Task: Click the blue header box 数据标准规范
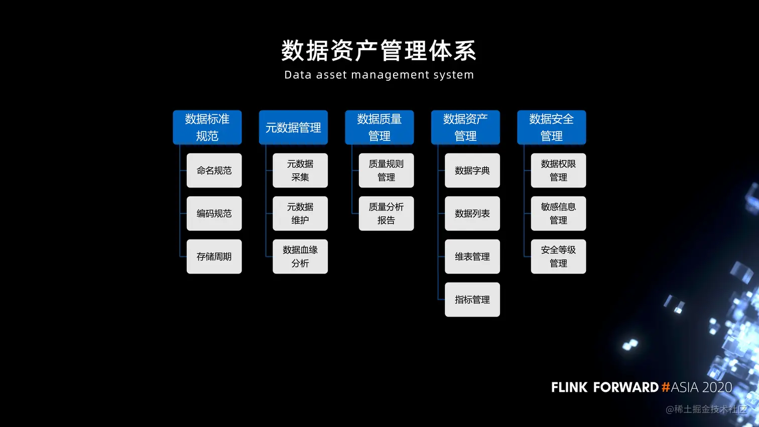tap(207, 127)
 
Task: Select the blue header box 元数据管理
tap(293, 127)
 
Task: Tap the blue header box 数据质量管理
tap(379, 127)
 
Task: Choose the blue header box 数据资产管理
tap(465, 127)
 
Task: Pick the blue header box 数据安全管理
tap(552, 127)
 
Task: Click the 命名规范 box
tap(214, 171)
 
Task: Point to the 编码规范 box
tap(214, 214)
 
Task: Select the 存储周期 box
tap(214, 256)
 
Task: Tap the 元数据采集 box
tap(300, 171)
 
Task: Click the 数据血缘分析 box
tap(300, 256)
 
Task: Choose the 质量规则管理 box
tap(386, 171)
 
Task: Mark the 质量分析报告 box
tap(386, 214)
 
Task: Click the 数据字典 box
tap(472, 171)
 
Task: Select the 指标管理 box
tap(472, 300)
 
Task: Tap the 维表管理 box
tap(472, 256)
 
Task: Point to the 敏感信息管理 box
tap(558, 214)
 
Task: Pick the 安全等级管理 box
tap(558, 256)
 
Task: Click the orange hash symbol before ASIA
tap(666, 387)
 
